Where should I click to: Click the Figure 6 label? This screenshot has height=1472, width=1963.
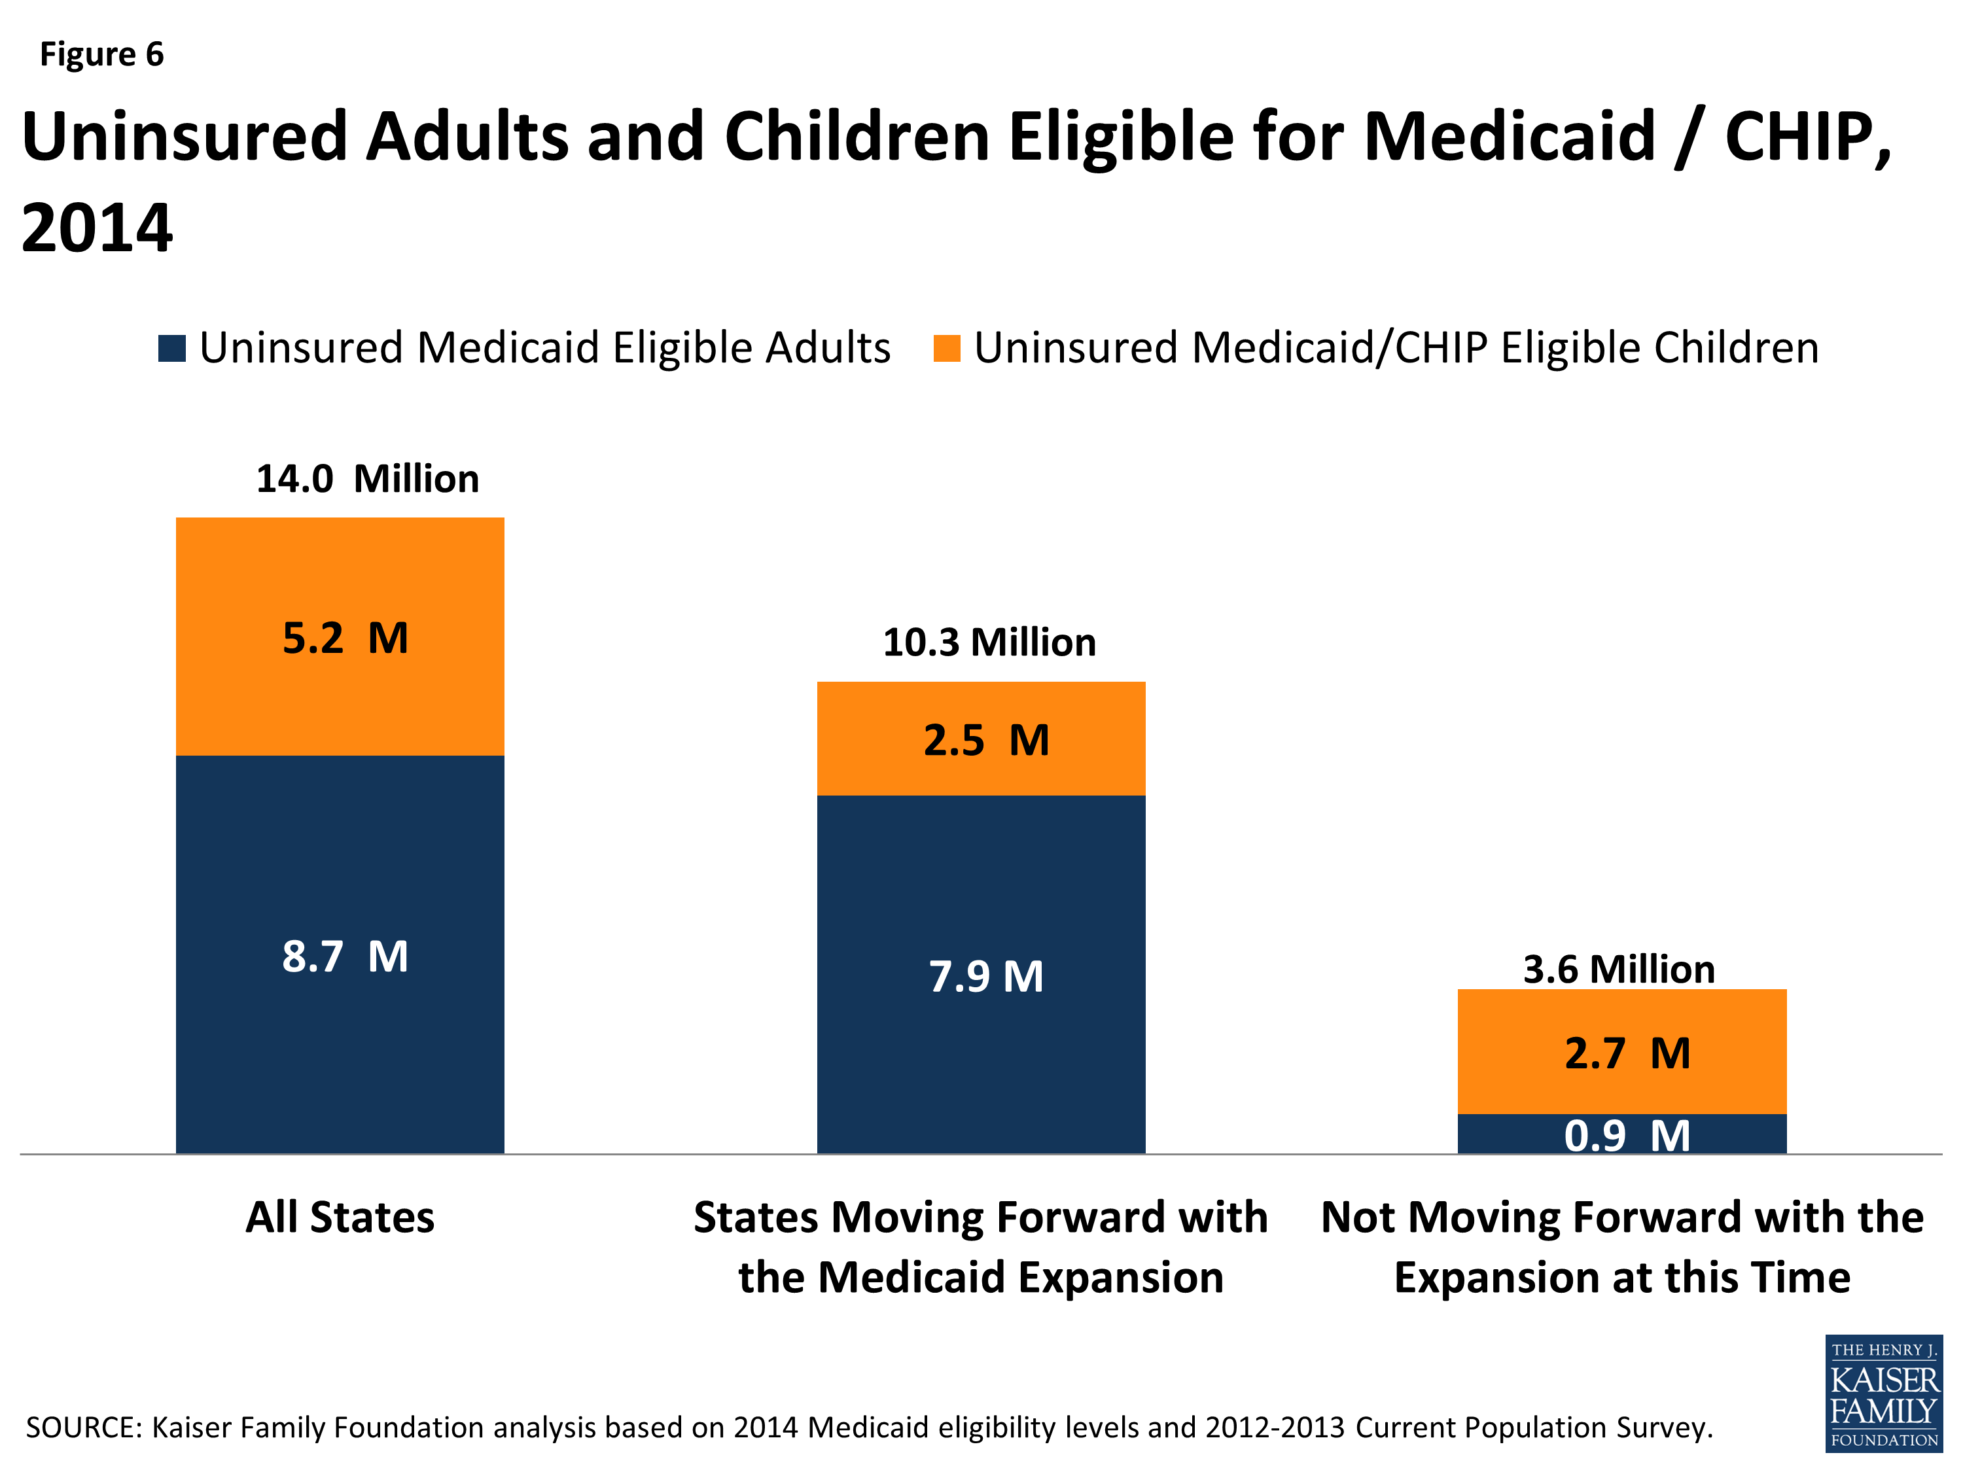tap(102, 55)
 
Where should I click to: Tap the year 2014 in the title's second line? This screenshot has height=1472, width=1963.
tap(97, 229)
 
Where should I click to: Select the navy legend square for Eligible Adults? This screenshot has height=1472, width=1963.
tap(172, 349)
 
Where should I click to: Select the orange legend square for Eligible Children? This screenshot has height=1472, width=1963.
tap(947, 349)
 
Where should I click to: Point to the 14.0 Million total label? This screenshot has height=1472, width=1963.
tap(366, 479)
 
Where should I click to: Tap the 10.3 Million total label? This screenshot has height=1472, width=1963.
tap(989, 642)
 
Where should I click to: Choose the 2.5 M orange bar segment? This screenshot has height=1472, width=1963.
tap(981, 739)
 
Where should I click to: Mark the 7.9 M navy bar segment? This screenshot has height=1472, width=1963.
tap(981, 976)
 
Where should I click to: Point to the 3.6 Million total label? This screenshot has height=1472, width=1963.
tap(1619, 969)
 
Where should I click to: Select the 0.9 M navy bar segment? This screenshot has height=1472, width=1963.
tap(1622, 1135)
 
